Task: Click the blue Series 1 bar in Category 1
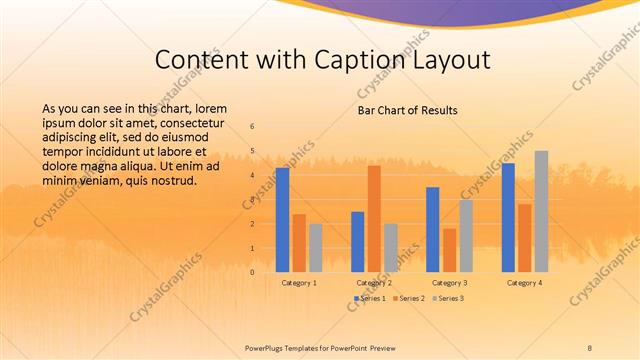tap(282, 220)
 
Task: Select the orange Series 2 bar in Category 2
tap(374, 219)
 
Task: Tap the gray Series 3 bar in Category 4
tap(541, 212)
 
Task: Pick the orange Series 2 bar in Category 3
tap(449, 250)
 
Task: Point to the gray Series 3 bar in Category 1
tap(316, 248)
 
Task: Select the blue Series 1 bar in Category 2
tap(358, 242)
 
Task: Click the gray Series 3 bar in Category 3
tap(466, 236)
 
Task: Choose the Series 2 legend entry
tap(408, 298)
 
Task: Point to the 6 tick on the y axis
tap(252, 127)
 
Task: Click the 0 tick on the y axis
tap(252, 272)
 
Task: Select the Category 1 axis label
tap(299, 283)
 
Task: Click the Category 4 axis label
tap(524, 283)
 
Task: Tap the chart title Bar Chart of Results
tap(408, 110)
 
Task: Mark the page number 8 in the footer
tap(589, 346)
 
